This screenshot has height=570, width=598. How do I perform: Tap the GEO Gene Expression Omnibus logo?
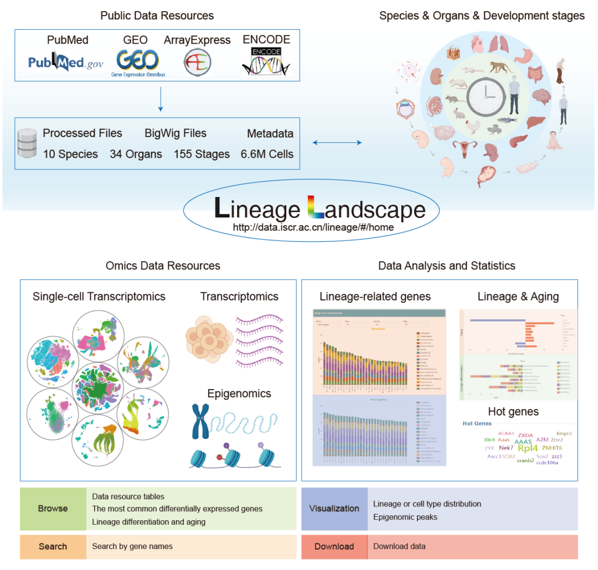pyautogui.click(x=138, y=62)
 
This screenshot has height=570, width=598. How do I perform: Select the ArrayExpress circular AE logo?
pyautogui.click(x=197, y=63)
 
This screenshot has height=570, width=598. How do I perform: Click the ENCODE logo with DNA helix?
pyautogui.click(x=266, y=61)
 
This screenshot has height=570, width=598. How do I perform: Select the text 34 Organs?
pyautogui.click(x=136, y=154)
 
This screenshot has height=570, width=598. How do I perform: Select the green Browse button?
pyautogui.click(x=53, y=509)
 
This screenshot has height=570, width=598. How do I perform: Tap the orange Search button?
pyautogui.click(x=53, y=546)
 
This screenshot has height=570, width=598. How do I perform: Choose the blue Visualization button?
pyautogui.click(x=334, y=509)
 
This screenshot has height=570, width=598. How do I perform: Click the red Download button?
pyautogui.click(x=334, y=546)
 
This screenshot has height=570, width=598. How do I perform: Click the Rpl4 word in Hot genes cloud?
pyautogui.click(x=528, y=449)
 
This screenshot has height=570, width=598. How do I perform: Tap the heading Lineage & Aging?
pyautogui.click(x=518, y=297)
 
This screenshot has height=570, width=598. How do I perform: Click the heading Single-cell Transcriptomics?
pyautogui.click(x=99, y=297)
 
